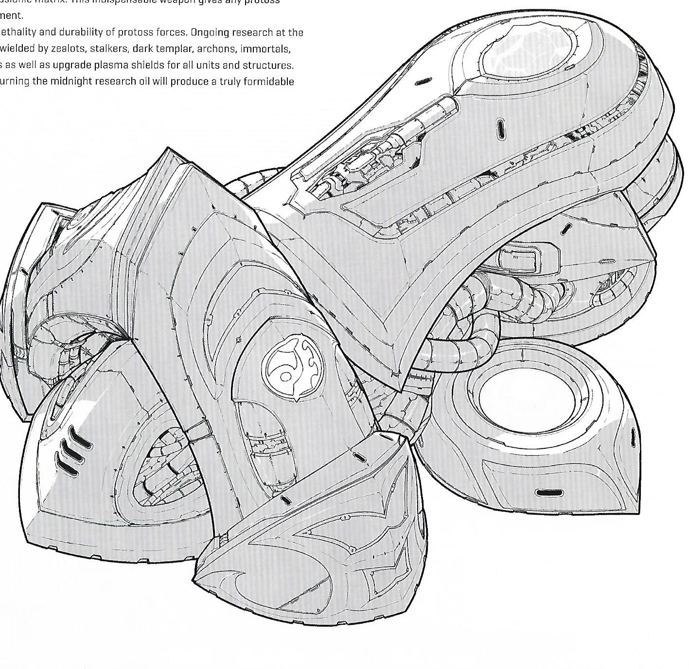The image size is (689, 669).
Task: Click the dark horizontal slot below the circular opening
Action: (548, 493)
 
